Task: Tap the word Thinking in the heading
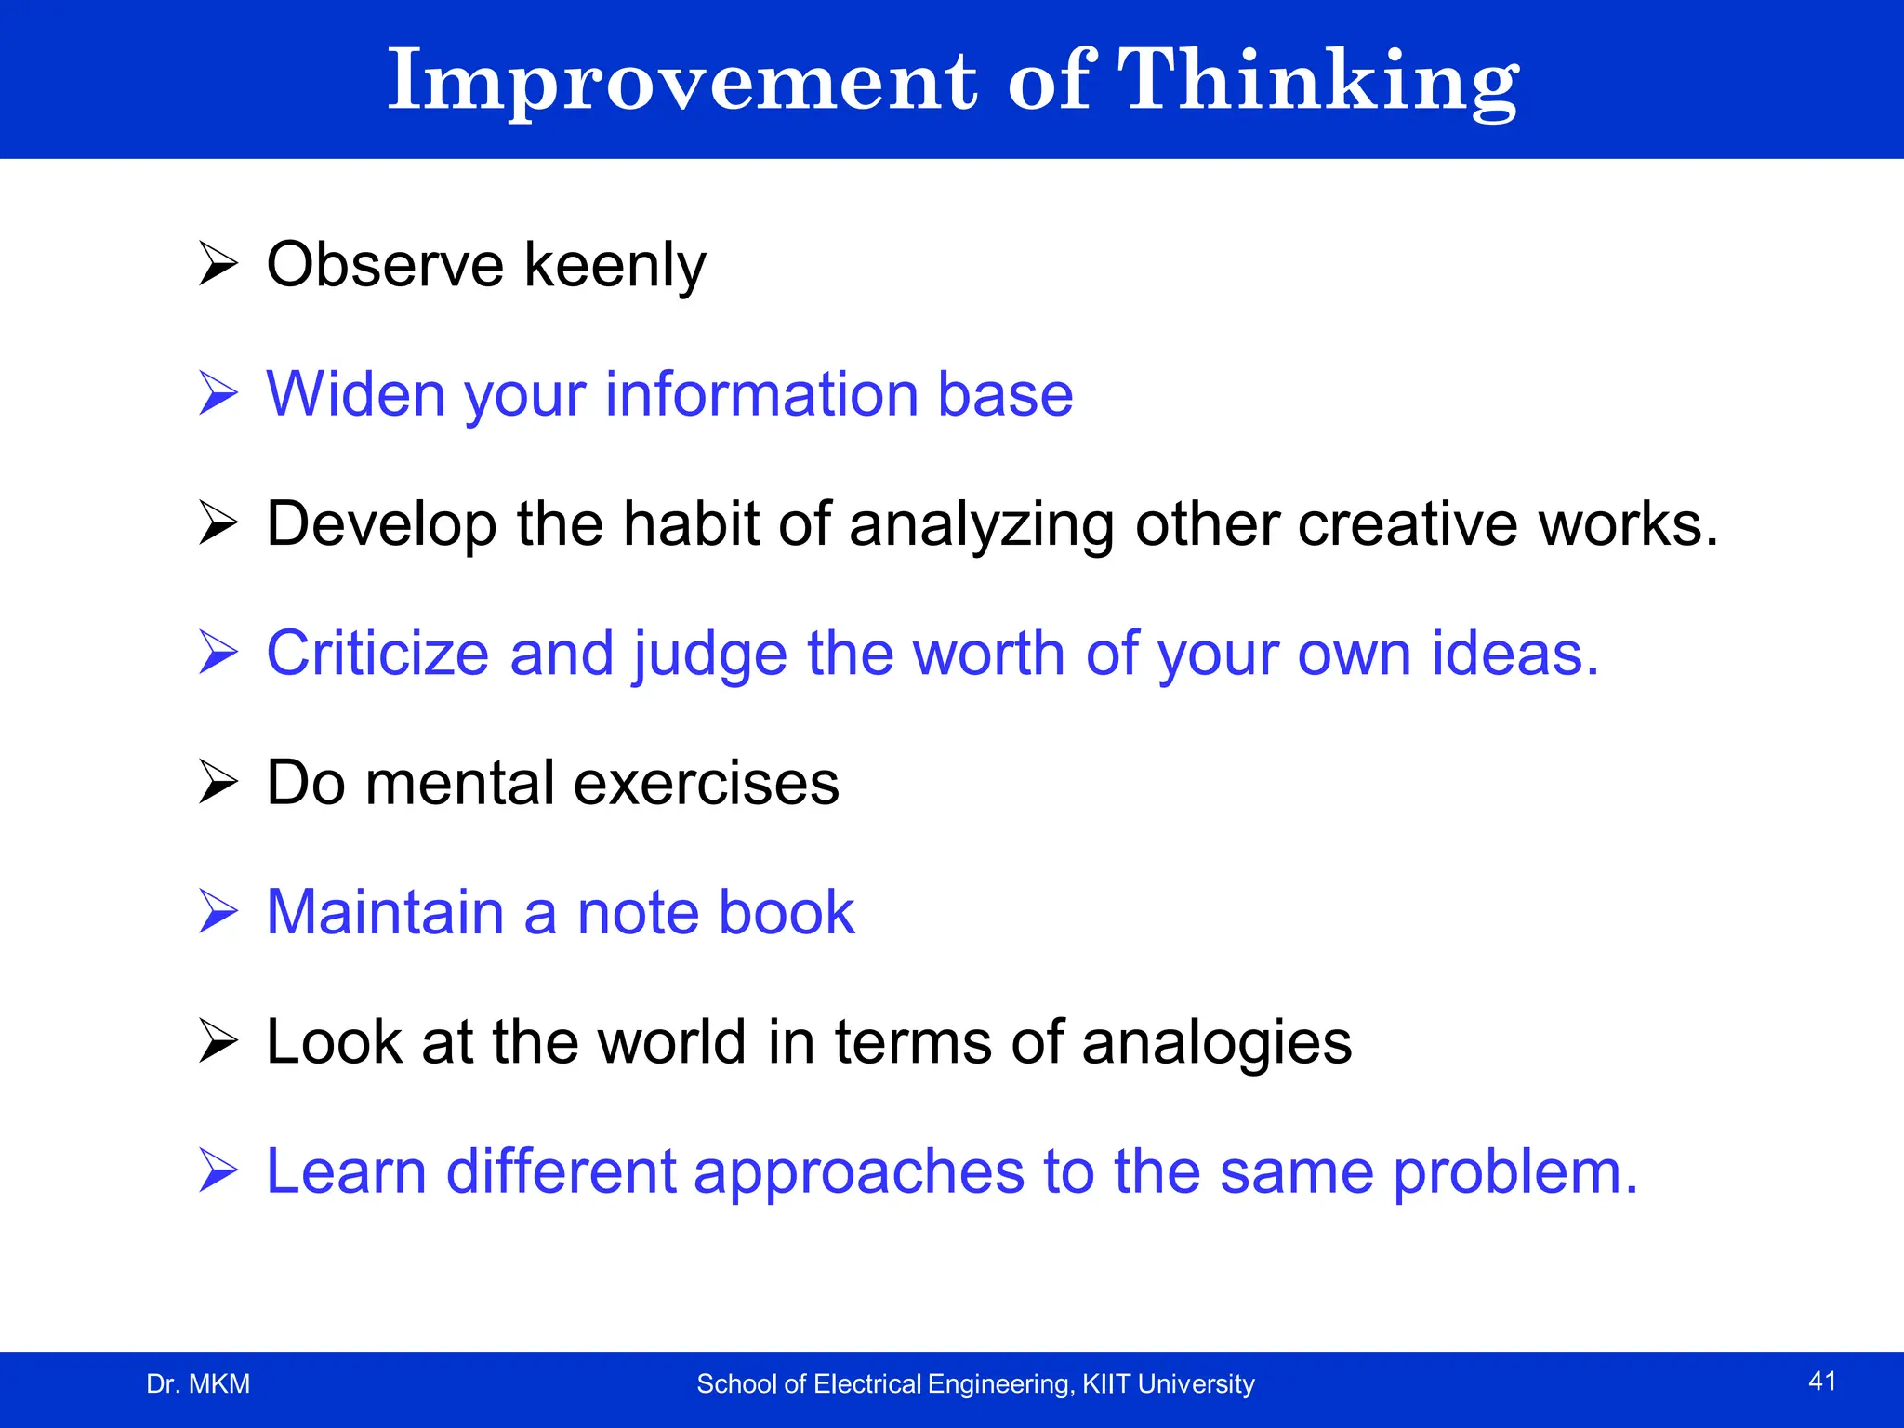point(1317,82)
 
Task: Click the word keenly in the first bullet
point(615,267)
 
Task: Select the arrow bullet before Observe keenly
point(218,264)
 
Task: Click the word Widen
point(356,394)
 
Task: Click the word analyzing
point(981,526)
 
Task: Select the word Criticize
point(377,654)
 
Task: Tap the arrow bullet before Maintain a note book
point(218,911)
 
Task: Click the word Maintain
point(385,912)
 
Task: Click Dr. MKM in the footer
point(198,1384)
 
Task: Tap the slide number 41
point(1822,1382)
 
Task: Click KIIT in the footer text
point(1106,1384)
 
